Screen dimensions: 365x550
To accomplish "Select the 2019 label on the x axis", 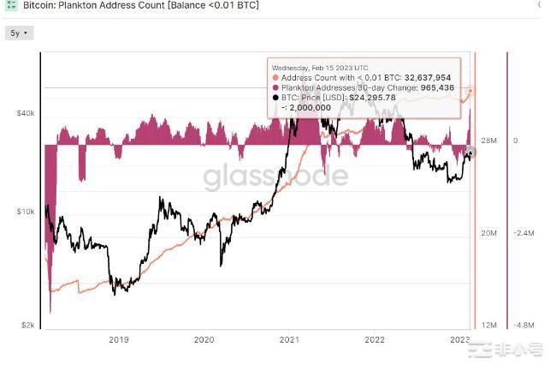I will click(119, 339).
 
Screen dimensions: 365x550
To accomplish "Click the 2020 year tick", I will click(204, 339).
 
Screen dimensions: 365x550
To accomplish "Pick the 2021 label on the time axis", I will click(289, 339).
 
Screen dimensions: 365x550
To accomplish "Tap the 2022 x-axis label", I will click(375, 339).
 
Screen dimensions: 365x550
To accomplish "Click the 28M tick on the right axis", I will click(489, 141).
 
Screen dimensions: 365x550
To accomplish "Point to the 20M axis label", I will click(489, 232).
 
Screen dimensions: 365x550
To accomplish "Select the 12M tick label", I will click(489, 326).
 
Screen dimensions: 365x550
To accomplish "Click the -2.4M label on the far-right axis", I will click(524, 232).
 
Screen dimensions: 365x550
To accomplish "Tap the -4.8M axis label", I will click(524, 326).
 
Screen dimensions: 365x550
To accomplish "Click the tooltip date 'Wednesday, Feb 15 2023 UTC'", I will click(321, 67).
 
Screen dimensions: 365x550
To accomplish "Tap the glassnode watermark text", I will click(275, 177).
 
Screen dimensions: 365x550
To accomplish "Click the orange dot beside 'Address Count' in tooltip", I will click(275, 77).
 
